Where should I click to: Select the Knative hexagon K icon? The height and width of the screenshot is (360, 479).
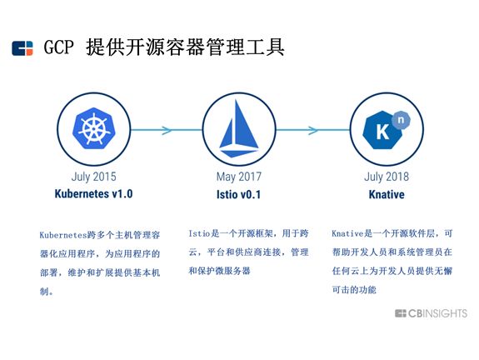tap(382, 132)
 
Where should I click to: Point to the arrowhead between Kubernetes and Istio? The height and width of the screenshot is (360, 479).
tap(167, 129)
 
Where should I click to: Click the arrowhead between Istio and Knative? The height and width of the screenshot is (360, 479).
tap(313, 129)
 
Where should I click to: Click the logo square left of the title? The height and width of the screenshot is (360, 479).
tap(22, 48)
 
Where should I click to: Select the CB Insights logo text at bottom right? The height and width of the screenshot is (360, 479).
tap(437, 313)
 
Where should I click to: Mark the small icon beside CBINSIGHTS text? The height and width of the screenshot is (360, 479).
tap(401, 313)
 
